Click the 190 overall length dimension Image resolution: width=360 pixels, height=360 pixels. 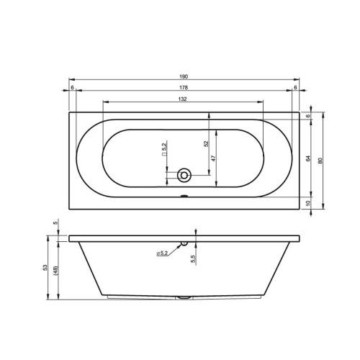click(184, 77)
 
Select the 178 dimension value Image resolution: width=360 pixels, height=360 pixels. click(184, 88)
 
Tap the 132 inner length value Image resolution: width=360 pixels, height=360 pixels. click(182, 99)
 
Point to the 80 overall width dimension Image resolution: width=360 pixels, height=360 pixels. click(320, 161)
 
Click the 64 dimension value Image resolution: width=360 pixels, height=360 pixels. click(308, 158)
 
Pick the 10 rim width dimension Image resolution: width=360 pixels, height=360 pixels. click(308, 203)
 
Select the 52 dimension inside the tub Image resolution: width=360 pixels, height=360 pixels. click(206, 144)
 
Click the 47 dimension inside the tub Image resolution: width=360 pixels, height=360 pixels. click(213, 158)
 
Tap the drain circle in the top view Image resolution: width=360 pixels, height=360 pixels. click(184, 175)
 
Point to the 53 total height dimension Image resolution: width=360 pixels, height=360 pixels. click(45, 268)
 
